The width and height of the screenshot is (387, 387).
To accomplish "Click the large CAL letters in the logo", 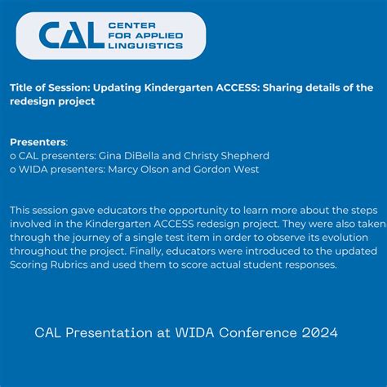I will (x=71, y=35).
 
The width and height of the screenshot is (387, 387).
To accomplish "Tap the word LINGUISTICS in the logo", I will (x=146, y=47).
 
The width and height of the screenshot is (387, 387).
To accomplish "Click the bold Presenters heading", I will (x=38, y=141).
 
